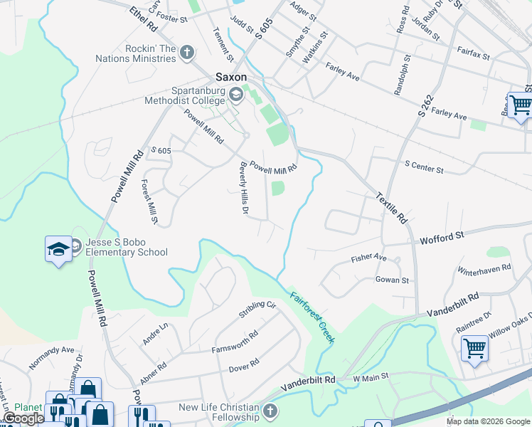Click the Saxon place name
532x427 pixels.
click(x=231, y=77)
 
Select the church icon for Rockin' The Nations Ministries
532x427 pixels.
click(x=187, y=52)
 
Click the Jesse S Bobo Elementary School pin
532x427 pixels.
click(x=59, y=248)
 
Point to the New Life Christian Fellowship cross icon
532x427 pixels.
click(x=270, y=411)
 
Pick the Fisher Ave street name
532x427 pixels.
click(x=368, y=258)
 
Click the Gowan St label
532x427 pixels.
click(x=392, y=280)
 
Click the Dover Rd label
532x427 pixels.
click(x=243, y=365)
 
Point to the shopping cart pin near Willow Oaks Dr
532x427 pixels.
click(x=474, y=349)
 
